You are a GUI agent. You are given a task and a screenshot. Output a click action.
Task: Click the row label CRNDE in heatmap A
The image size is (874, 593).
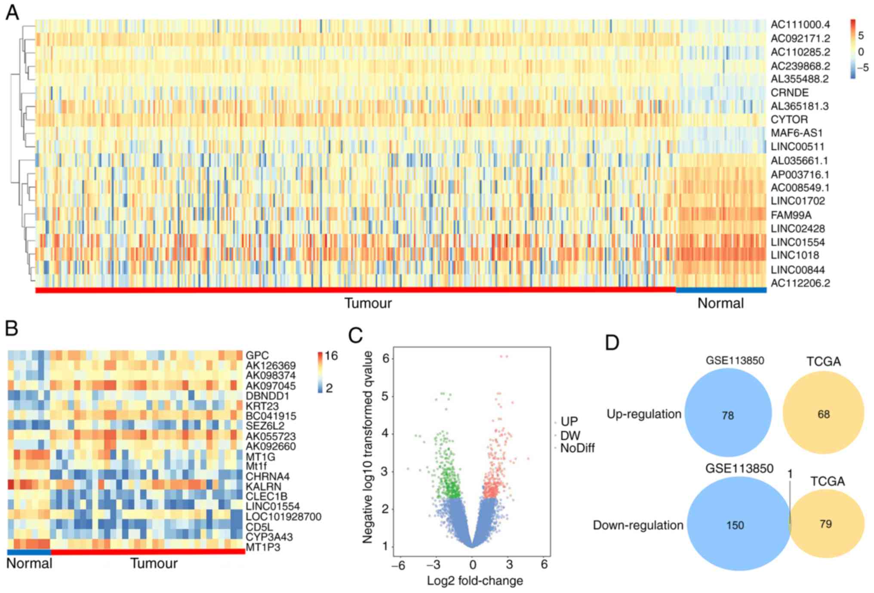point(789,93)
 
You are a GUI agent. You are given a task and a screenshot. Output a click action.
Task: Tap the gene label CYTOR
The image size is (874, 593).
point(789,119)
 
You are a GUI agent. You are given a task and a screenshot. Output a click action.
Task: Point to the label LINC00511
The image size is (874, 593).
point(797,147)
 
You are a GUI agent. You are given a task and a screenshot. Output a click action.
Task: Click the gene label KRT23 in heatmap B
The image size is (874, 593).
point(262,406)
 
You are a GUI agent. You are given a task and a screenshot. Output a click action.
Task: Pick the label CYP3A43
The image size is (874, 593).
point(269,537)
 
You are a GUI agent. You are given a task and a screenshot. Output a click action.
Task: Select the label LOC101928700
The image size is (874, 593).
point(283,516)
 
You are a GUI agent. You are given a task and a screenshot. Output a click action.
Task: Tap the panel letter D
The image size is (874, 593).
point(612,343)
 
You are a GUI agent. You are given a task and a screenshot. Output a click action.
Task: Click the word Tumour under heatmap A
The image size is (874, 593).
point(368,303)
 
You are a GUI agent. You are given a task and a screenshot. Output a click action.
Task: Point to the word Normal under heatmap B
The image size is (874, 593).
point(29,563)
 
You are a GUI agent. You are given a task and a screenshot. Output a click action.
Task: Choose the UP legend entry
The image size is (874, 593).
point(569,421)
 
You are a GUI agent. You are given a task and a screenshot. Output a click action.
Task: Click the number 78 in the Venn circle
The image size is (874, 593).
point(728,415)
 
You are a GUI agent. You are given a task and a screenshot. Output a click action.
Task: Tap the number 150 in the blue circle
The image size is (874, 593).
point(735,525)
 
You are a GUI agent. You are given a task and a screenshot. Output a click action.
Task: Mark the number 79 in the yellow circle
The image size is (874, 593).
point(825,524)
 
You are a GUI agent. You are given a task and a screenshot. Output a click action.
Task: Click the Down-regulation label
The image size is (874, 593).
point(638,525)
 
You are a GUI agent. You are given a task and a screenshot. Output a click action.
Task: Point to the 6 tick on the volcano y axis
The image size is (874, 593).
point(386,358)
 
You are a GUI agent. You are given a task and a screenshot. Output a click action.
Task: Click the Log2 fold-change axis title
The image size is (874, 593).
point(475,581)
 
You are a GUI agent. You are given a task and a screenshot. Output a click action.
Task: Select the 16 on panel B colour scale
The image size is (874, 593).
point(331,355)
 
